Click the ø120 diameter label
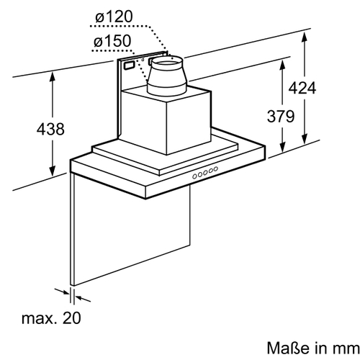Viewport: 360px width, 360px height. pos(114,17)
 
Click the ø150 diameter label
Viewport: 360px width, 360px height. pos(112,41)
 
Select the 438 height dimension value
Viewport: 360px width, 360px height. pos(50,129)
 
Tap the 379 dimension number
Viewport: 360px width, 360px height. pos(281,117)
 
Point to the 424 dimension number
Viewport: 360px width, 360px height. pos(302,88)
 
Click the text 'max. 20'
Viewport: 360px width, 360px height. pos(51,318)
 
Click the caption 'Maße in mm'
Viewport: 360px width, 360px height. pos(313,348)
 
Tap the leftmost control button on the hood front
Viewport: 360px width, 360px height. pos(194,176)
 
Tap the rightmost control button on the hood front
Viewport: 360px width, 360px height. pos(216,169)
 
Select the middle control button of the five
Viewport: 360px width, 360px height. pos(205,173)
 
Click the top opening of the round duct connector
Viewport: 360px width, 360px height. pos(167,62)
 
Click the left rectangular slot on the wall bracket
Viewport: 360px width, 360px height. pos(129,66)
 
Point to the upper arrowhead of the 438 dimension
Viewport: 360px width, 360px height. pos(53,76)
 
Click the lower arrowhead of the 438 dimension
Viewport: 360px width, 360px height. pos(53,171)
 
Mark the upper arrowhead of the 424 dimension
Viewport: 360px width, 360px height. pos(305,37)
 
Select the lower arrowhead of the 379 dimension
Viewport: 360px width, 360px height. pos(283,147)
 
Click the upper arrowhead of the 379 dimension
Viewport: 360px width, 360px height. pos(283,66)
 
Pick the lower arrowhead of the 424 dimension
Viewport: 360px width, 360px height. pos(305,139)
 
